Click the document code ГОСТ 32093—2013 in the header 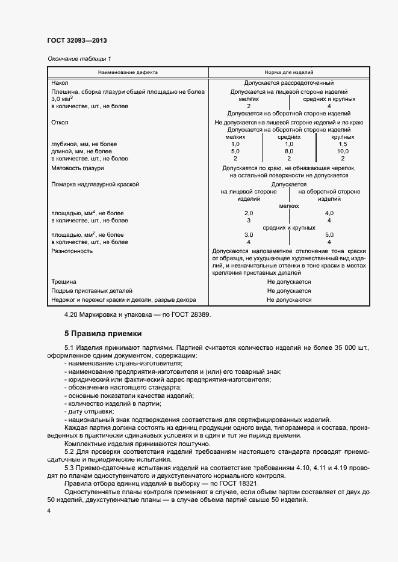[x=76, y=41]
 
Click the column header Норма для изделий [x=289, y=72]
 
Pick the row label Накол [x=60, y=82]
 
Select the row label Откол [x=60, y=122]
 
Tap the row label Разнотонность [x=72, y=251]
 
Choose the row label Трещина [x=64, y=281]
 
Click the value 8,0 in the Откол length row [x=289, y=151]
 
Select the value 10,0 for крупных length [x=343, y=151]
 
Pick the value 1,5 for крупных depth [x=343, y=144]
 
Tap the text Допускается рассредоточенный [x=289, y=82]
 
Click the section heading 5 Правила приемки [x=102, y=333]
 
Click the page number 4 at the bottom [x=49, y=510]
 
